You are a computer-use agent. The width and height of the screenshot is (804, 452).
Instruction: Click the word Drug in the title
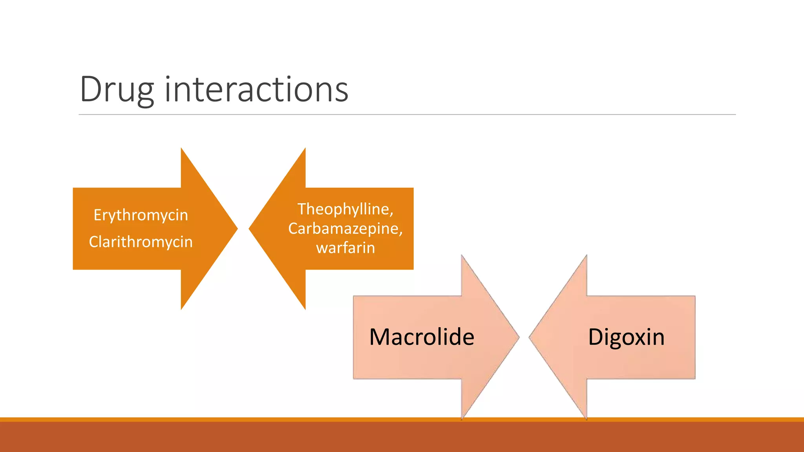117,90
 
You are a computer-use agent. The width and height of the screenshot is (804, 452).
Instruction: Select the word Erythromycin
141,215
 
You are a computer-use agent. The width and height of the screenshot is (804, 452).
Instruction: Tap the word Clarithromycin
141,242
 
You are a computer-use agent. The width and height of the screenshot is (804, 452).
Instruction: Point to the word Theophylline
344,209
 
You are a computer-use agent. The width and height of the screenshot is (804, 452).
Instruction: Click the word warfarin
345,248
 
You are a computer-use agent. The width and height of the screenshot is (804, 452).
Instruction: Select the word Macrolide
422,337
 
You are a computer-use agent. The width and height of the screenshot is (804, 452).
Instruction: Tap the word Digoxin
626,337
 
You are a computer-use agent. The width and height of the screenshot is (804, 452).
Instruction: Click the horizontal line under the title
407,115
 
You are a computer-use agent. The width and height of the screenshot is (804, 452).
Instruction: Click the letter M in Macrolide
380,337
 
